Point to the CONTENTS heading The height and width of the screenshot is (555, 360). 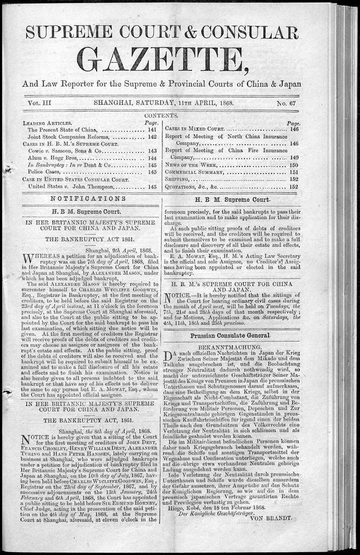(x=162, y=115)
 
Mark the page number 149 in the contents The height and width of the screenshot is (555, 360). (x=294, y=157)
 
